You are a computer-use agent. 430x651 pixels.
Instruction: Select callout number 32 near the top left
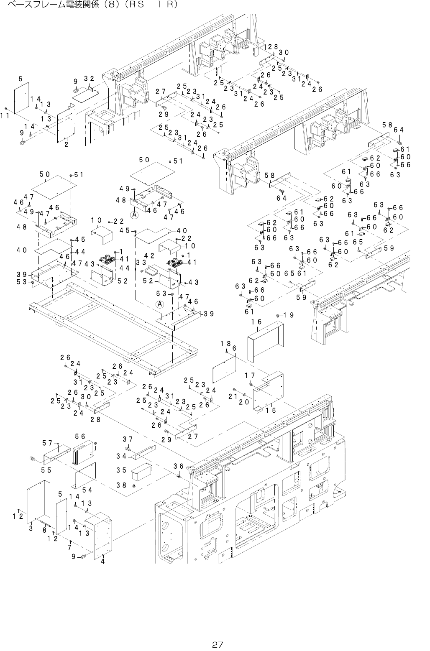click(89, 79)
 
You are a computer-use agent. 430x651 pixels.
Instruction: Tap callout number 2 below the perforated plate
click(67, 144)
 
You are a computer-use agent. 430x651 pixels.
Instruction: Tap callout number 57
click(47, 442)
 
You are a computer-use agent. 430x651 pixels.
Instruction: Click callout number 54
click(87, 490)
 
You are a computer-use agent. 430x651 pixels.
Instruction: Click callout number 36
click(179, 466)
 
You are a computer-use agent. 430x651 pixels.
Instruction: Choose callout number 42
click(149, 255)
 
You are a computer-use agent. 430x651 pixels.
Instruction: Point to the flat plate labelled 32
click(86, 94)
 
